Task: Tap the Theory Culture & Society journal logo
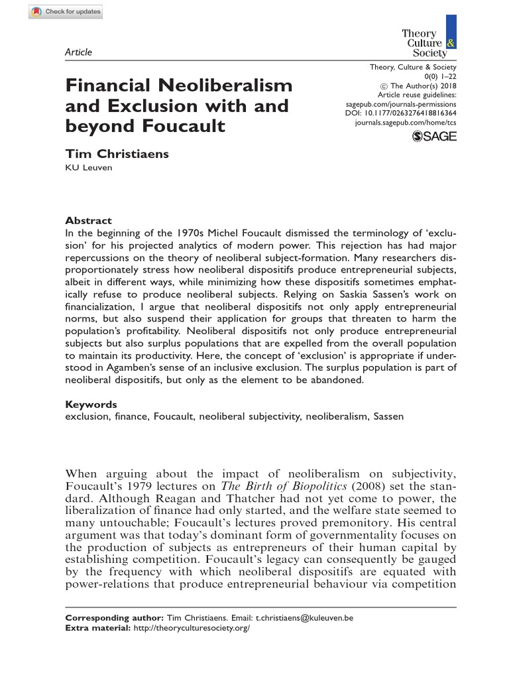[x=428, y=42]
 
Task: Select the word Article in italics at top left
[x=79, y=52]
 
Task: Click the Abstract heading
[x=88, y=220]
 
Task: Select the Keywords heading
[x=91, y=404]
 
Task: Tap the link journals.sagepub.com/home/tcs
[x=406, y=123]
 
